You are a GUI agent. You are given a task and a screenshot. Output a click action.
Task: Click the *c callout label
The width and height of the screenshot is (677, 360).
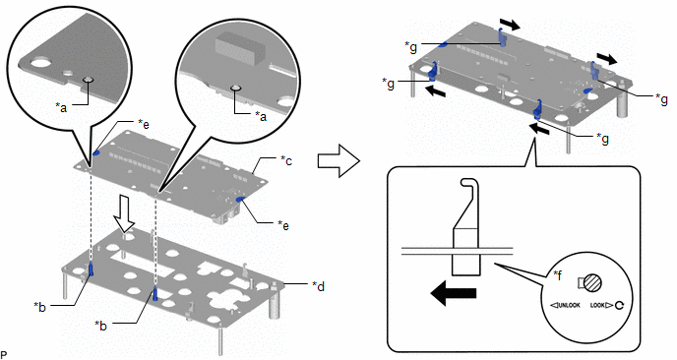tap(285, 160)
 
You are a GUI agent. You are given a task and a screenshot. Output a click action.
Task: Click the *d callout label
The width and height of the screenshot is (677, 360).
tap(318, 286)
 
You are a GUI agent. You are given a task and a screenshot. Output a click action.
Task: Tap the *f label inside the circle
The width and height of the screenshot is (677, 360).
tap(558, 275)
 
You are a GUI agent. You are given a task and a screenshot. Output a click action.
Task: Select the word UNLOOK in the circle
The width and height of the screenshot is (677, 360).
tap(568, 306)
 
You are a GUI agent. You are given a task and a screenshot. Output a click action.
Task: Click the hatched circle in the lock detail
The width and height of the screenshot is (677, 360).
tap(592, 283)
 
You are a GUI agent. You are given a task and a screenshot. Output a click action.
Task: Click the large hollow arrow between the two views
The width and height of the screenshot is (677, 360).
tap(338, 160)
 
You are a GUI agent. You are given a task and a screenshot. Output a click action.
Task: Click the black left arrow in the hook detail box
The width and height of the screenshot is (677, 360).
tap(453, 293)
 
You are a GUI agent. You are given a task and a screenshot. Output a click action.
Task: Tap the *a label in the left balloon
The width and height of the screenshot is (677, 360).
tap(61, 107)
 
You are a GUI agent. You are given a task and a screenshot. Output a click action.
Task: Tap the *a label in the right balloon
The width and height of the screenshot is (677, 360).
tap(260, 116)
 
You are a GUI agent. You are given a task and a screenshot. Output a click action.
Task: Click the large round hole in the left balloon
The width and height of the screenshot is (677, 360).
tap(40, 64)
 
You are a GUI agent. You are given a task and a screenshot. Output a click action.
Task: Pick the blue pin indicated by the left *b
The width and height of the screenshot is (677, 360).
tap(92, 270)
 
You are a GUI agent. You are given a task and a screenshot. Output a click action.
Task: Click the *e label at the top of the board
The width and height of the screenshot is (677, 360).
tap(144, 124)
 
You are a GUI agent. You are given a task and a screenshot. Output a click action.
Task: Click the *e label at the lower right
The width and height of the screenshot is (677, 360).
tap(282, 225)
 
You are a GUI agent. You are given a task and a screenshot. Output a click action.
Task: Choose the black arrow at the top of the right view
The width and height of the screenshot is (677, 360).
tap(510, 25)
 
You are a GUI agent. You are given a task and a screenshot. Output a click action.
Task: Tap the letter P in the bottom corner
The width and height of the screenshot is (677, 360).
tap(4, 355)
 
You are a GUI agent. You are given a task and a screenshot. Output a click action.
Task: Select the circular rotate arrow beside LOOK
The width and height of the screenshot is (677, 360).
tap(620, 306)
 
